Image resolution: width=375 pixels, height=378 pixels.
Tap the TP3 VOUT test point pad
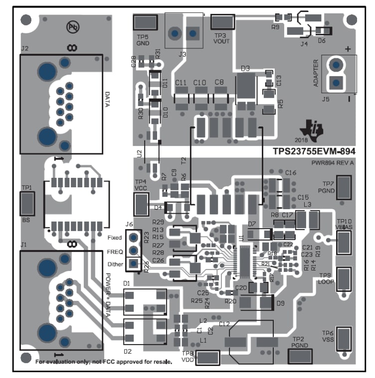[x=222, y=23]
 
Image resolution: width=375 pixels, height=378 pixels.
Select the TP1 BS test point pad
[x=27, y=204]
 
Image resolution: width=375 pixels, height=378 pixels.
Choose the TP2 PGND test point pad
[x=301, y=356]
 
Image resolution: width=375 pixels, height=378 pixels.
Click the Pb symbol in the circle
[x=73, y=27]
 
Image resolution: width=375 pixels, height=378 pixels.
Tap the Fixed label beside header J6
[x=114, y=238]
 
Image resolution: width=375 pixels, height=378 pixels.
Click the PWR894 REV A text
[x=332, y=163]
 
